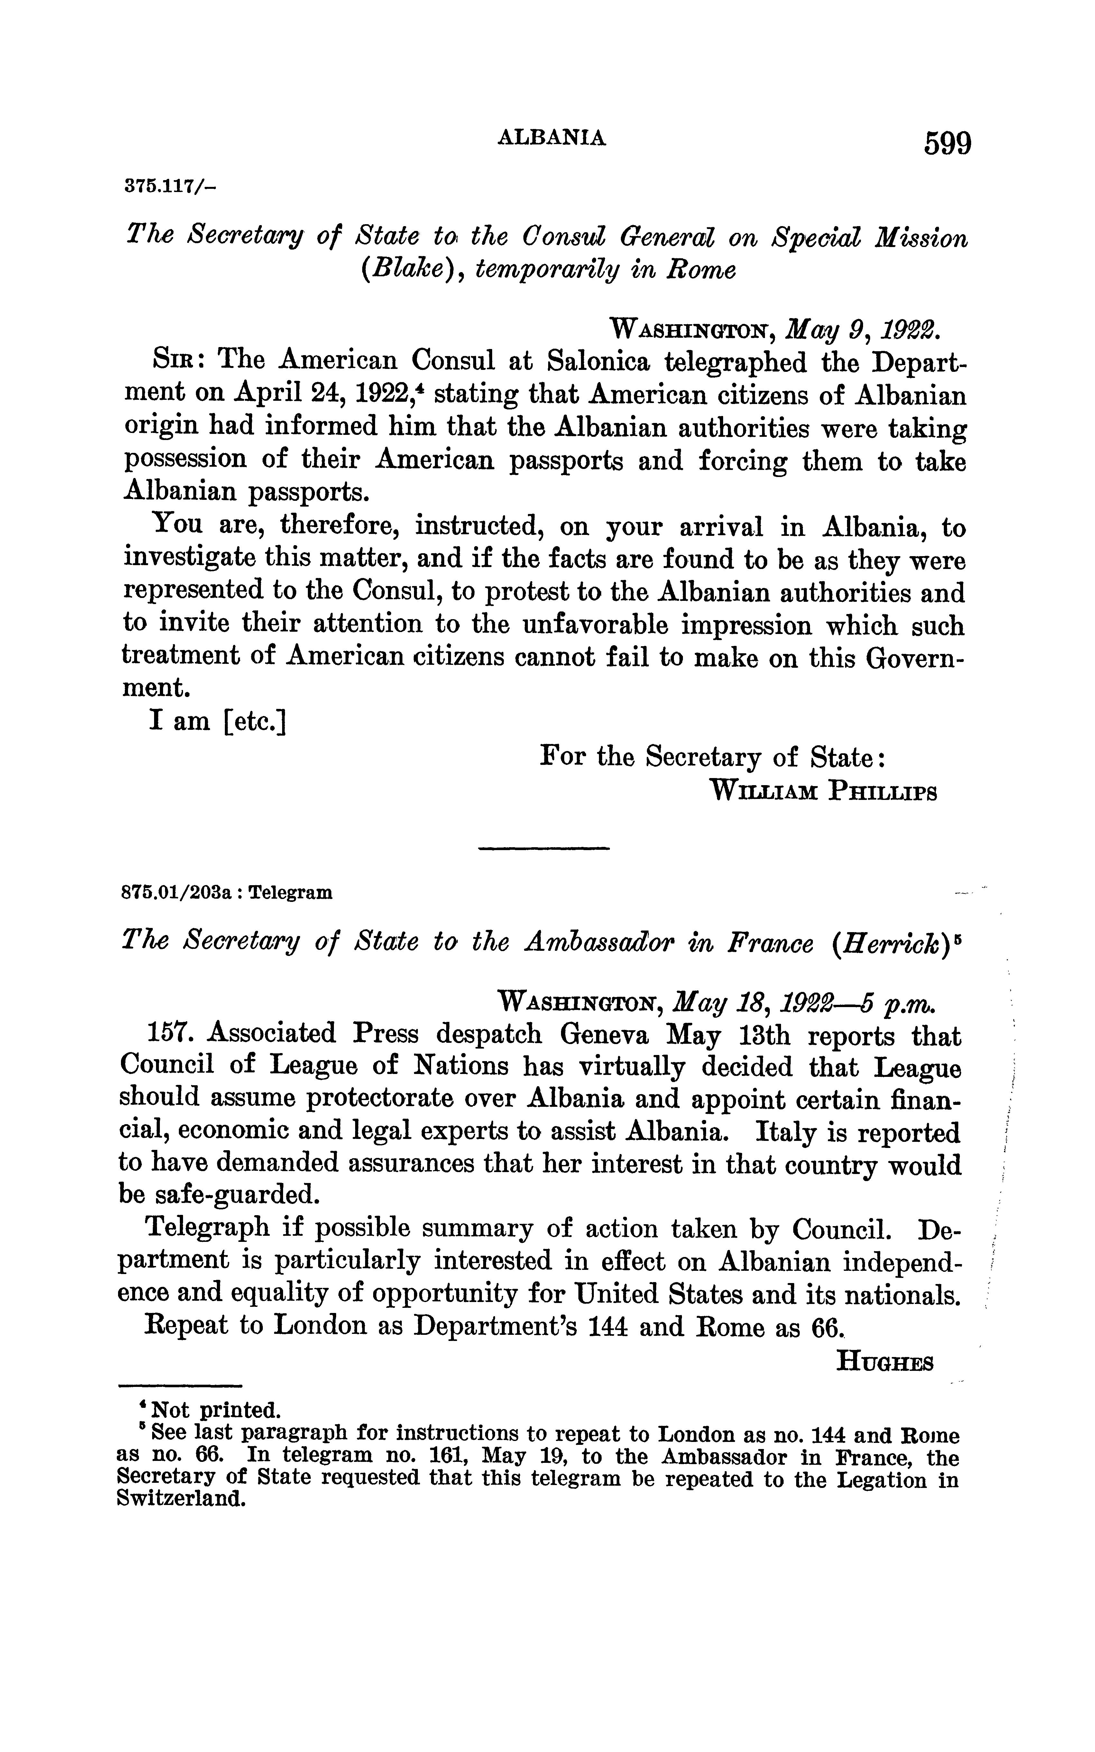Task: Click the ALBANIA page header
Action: (x=552, y=138)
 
